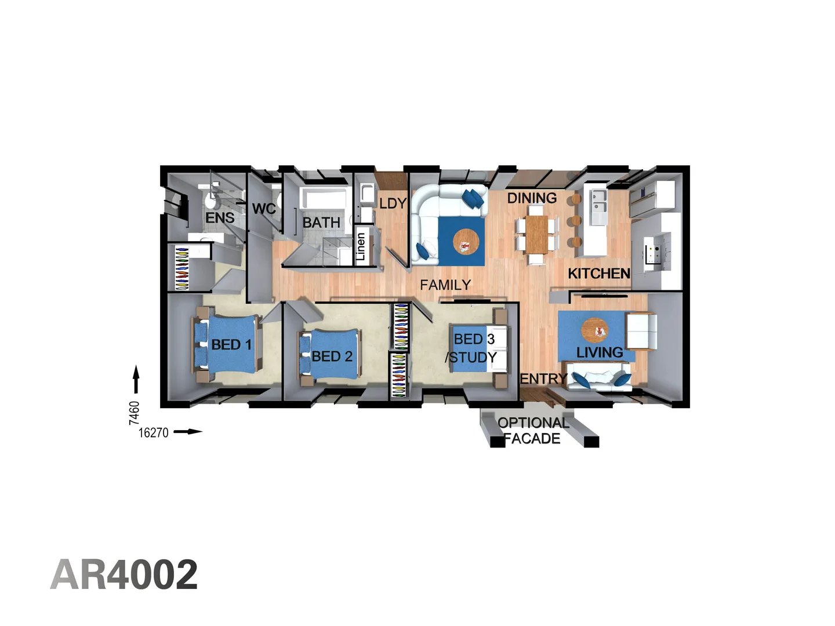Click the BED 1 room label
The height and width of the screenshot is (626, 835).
pyautogui.click(x=231, y=345)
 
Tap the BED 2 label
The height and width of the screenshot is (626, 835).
pyautogui.click(x=332, y=356)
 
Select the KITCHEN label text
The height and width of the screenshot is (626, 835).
pyautogui.click(x=598, y=274)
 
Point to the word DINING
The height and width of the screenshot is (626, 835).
pyautogui.click(x=532, y=198)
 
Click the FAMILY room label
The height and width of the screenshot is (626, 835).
pyautogui.click(x=445, y=285)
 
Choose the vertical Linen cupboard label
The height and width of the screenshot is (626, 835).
pyautogui.click(x=361, y=246)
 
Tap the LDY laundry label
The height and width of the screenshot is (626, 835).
pyautogui.click(x=393, y=203)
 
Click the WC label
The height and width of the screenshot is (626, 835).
pyautogui.click(x=264, y=209)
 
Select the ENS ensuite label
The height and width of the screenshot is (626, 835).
pyautogui.click(x=220, y=218)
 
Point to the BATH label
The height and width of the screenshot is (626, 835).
pyautogui.click(x=321, y=223)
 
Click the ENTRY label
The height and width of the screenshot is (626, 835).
pyautogui.click(x=543, y=379)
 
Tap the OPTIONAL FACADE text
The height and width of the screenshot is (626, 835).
pyautogui.click(x=533, y=431)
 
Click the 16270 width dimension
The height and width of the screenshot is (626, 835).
pyautogui.click(x=153, y=432)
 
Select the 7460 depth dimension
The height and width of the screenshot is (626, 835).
pyautogui.click(x=134, y=413)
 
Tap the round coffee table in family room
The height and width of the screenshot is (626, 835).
pyautogui.click(x=466, y=242)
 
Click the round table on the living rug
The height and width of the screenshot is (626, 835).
pyautogui.click(x=596, y=330)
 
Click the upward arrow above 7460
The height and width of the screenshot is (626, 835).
pyautogui.click(x=136, y=380)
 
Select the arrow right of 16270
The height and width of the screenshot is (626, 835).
pyautogui.click(x=188, y=432)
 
